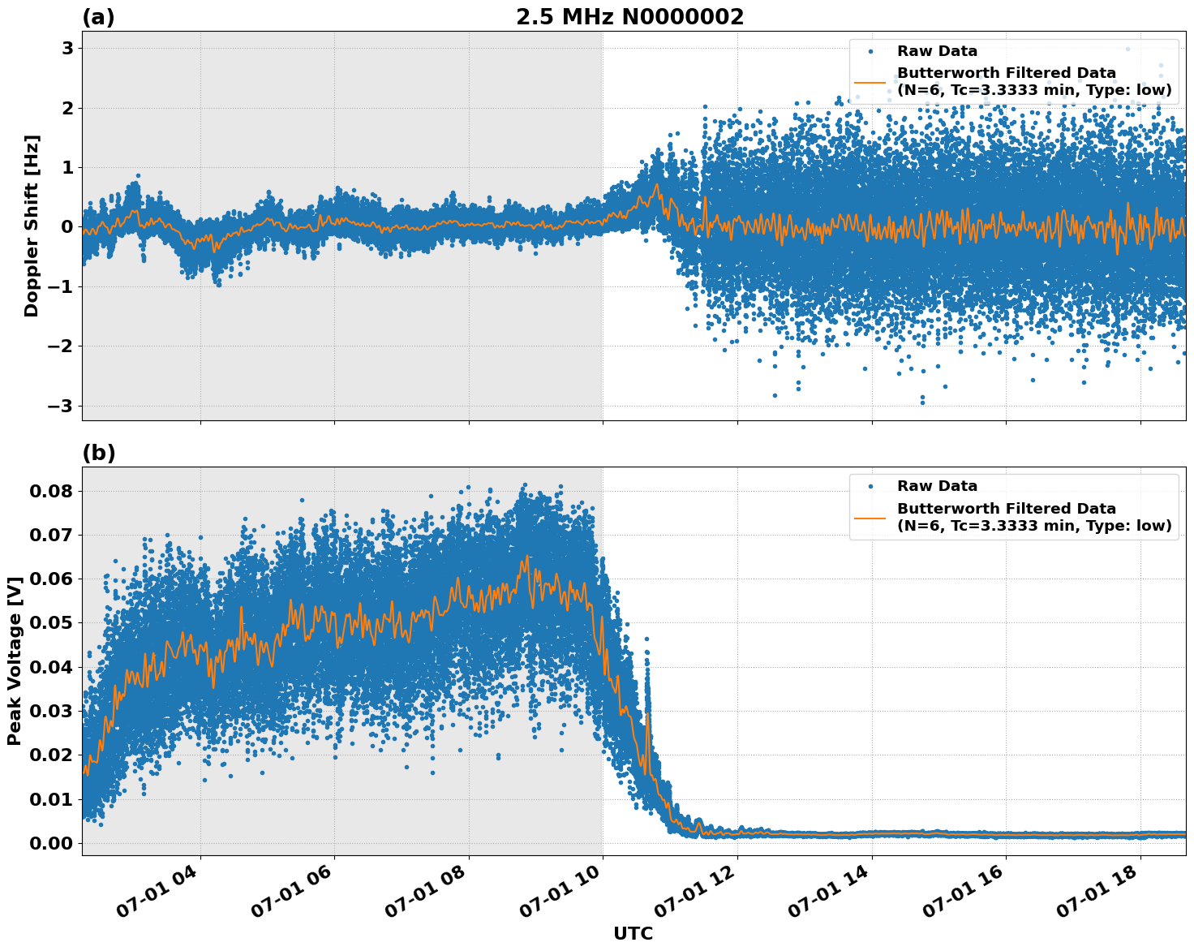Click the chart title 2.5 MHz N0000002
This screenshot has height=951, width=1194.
coord(629,17)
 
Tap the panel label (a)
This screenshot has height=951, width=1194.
coord(98,17)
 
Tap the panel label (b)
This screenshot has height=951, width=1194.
coord(98,453)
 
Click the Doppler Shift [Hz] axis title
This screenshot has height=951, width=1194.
coord(32,226)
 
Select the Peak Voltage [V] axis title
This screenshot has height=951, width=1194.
coord(15,661)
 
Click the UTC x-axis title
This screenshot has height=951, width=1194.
coord(633,933)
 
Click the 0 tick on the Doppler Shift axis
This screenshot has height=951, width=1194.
coord(67,227)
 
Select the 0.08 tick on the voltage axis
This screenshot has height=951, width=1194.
coord(52,492)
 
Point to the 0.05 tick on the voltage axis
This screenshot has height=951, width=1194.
coord(52,623)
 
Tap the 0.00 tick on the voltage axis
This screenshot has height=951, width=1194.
coord(52,843)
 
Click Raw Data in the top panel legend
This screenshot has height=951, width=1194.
coord(937,51)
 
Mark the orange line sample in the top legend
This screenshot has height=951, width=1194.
coord(870,82)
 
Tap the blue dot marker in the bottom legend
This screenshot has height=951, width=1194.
coord(870,486)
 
